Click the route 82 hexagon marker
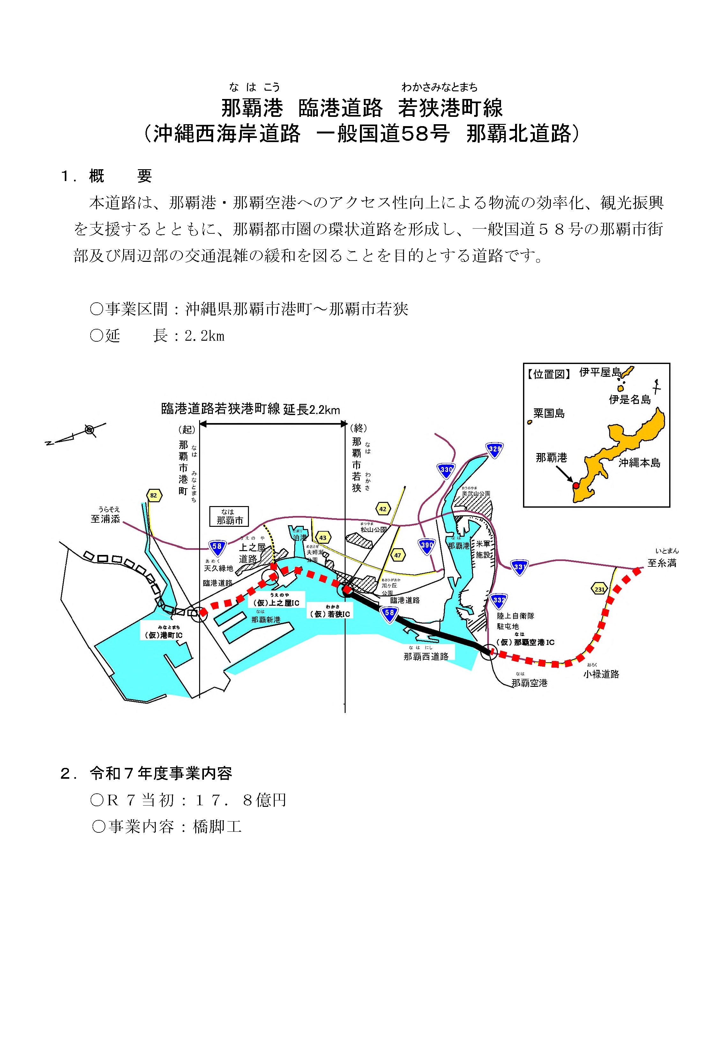pyautogui.click(x=154, y=496)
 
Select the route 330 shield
pyautogui.click(x=446, y=469)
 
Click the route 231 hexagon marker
pyautogui.click(x=599, y=589)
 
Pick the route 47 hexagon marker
pyautogui.click(x=397, y=555)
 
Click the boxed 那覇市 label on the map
pyautogui.click(x=229, y=517)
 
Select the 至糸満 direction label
pyautogui.click(x=662, y=563)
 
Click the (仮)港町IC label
pyautogui.click(x=163, y=635)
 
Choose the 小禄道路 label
pyautogui.click(x=601, y=674)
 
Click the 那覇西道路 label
pyautogui.click(x=426, y=656)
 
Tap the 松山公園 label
pyautogui.click(x=373, y=530)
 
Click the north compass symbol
pyautogui.click(x=90, y=430)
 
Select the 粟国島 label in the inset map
pyautogui.click(x=549, y=413)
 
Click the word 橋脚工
pyautogui.click(x=217, y=826)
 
